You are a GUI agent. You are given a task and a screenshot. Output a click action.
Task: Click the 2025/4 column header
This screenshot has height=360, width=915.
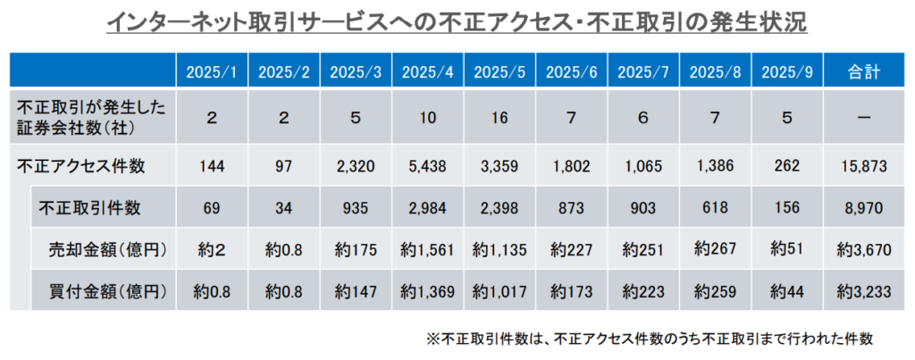coord(427,72)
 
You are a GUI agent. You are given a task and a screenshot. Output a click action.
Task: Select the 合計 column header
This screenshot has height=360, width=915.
coord(863,72)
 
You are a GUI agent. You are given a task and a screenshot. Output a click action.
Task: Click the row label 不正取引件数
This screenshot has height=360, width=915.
coord(89,208)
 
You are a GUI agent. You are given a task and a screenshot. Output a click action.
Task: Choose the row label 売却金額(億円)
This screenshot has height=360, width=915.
coord(110,250)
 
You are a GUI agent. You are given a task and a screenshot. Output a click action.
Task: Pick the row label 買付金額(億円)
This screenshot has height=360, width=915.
coord(110,291)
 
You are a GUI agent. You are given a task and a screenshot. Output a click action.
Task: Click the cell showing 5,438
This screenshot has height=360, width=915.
coord(427,164)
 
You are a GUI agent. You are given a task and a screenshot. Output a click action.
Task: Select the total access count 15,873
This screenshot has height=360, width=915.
coord(863,164)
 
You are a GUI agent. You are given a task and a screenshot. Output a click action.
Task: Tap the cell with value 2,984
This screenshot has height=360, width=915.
coord(427,208)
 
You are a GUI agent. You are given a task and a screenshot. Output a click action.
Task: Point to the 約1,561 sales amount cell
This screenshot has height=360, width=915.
coord(427,250)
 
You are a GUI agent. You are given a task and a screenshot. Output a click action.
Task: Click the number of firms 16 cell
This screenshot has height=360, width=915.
coord(499,116)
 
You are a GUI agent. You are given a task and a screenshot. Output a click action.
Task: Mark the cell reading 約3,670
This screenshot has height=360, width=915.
coord(863,250)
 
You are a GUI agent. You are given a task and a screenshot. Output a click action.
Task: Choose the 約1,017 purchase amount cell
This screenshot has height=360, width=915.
coord(499,291)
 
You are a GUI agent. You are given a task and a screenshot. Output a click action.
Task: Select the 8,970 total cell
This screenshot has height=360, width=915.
coord(863,208)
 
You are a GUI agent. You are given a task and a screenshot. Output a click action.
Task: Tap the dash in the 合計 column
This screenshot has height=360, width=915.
coord(863,116)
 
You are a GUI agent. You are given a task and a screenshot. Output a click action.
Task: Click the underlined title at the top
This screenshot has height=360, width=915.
coord(457,22)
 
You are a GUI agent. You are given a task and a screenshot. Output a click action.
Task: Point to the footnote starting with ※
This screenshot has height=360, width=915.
coord(649,339)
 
